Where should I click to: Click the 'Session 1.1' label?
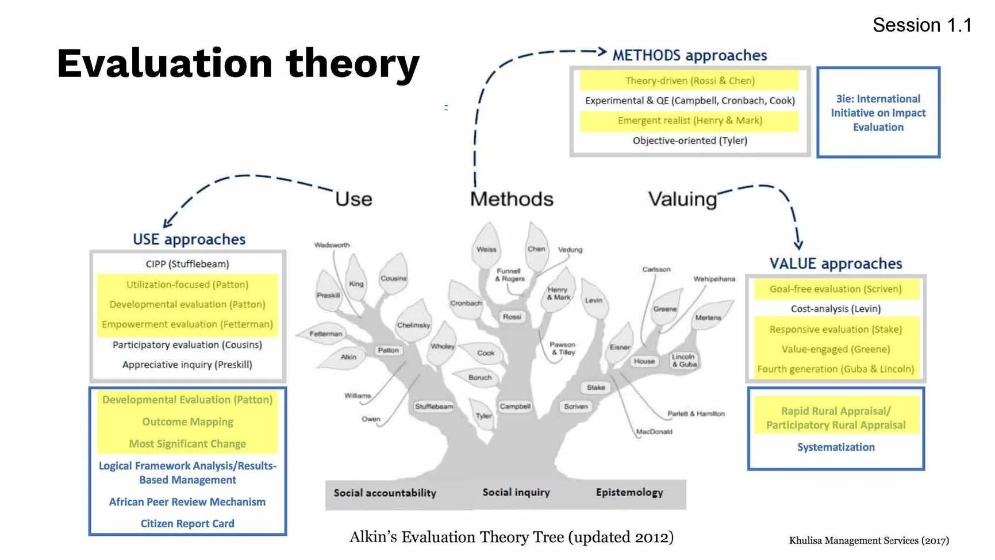click(x=921, y=25)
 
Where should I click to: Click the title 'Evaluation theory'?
click(x=238, y=63)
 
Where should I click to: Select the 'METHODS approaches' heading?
click(x=689, y=55)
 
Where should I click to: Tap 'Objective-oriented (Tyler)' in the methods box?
click(x=690, y=140)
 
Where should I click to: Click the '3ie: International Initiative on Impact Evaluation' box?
click(x=878, y=113)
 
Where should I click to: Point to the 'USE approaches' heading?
click(x=189, y=239)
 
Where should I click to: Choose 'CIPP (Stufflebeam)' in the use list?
click(x=187, y=264)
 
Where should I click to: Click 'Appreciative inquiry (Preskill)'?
click(x=187, y=365)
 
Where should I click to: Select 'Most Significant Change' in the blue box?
click(x=187, y=444)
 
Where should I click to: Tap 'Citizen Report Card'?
click(x=187, y=524)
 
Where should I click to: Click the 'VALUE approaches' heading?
click(x=836, y=263)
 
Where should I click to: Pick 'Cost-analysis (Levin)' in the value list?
click(x=836, y=309)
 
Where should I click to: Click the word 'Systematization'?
click(x=836, y=447)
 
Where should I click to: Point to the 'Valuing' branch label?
click(x=682, y=199)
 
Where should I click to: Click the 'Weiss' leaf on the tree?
click(x=486, y=250)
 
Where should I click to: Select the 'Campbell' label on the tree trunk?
click(x=515, y=406)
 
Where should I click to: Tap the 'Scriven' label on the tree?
click(x=575, y=406)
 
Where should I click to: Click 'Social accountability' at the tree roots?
click(x=385, y=493)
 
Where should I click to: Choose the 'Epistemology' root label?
click(x=629, y=493)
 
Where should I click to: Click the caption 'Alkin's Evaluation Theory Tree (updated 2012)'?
click(x=512, y=537)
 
